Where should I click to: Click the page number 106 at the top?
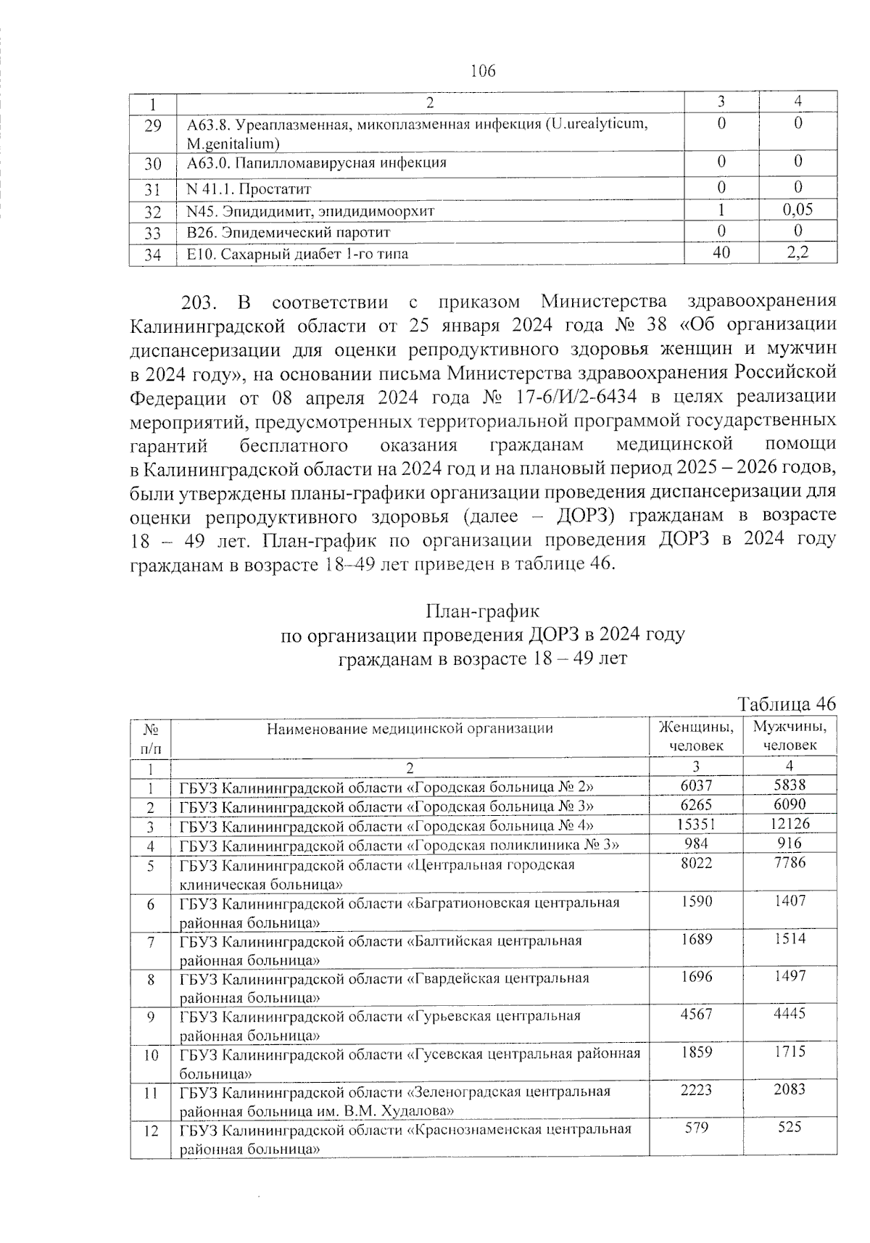483,71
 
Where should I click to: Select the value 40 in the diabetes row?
721,253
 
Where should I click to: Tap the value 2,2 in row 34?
797,253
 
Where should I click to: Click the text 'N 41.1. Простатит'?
249,189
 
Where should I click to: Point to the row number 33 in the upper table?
152,233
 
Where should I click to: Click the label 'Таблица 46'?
787,704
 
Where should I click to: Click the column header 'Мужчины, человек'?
790,735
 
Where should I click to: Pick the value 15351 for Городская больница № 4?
695,824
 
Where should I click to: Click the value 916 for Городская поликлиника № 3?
790,843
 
